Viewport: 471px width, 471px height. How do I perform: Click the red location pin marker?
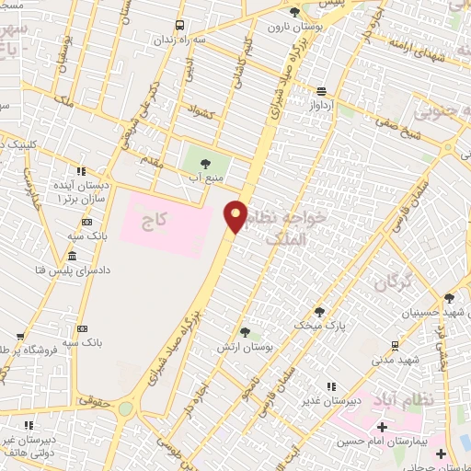pos(236,216)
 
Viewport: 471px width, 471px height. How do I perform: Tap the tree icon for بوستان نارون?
pos(293,13)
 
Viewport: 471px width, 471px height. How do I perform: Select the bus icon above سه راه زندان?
pos(178,25)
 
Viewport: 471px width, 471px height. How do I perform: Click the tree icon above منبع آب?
pos(204,163)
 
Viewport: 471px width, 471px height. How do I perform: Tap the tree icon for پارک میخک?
pos(319,312)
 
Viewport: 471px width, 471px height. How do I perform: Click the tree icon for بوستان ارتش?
pos(245,331)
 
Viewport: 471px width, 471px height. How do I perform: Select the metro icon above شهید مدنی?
pos(395,345)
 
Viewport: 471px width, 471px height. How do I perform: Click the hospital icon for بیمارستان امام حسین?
pos(382,427)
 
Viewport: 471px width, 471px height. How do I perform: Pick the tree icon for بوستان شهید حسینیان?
pos(449,298)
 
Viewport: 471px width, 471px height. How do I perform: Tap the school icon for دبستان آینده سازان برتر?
pos(81,171)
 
